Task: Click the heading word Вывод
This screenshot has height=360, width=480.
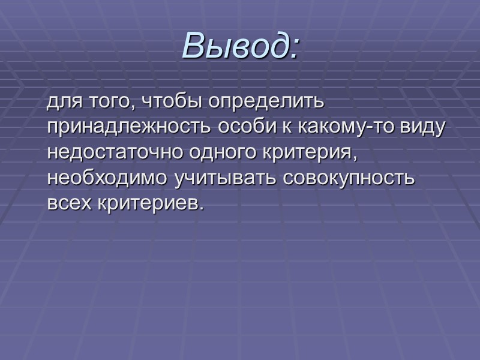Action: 235,45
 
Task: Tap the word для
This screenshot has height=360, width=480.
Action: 62,102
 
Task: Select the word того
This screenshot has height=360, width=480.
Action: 104,102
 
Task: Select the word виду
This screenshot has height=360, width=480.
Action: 424,127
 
